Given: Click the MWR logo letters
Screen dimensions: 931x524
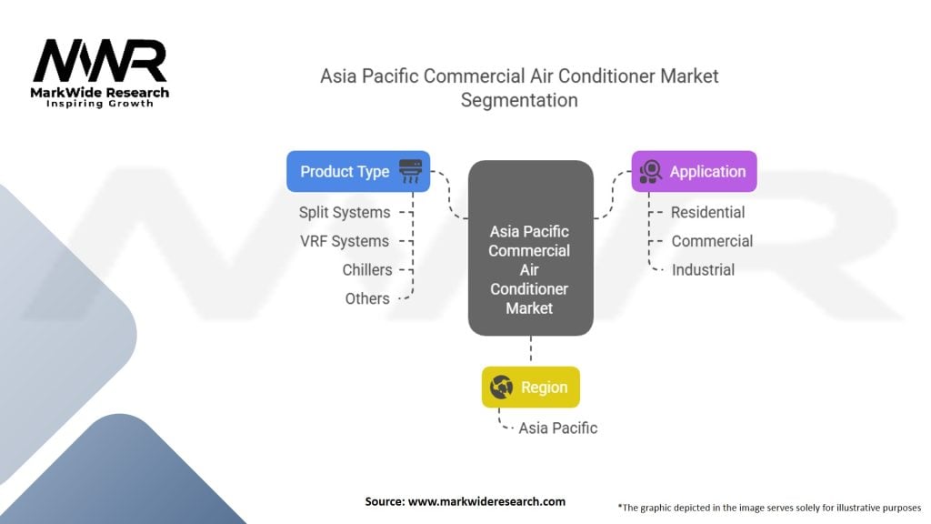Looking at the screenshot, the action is tap(100, 61).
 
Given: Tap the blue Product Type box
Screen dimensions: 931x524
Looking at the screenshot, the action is tap(358, 171).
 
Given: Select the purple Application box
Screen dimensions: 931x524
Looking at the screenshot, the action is tap(694, 171).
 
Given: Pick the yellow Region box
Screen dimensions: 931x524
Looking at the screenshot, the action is tap(531, 388).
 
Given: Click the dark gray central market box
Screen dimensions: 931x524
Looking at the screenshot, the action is tap(531, 247).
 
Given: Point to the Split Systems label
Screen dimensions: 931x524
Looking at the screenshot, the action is tap(345, 212).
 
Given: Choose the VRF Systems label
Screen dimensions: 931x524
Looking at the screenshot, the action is tap(345, 241).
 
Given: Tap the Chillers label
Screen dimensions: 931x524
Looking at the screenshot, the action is tap(367, 269).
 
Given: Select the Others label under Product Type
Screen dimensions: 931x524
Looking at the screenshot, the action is tap(367, 298).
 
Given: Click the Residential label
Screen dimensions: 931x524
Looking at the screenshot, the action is tap(707, 212).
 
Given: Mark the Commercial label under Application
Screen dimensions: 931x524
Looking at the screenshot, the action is tap(712, 241).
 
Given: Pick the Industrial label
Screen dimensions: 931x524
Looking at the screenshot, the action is tap(703, 269).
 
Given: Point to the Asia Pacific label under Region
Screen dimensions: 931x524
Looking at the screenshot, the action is tap(558, 428).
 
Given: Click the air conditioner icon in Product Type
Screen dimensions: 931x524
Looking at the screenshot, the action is tap(410, 171).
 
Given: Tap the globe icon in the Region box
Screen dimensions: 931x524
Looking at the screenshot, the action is tap(501, 388).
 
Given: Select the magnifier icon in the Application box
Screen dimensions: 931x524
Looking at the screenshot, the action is tap(651, 171).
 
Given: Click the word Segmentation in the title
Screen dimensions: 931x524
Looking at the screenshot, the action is tap(519, 100).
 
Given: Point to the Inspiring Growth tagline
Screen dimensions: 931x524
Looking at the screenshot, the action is tap(100, 104).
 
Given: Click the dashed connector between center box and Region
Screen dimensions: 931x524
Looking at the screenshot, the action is tap(531, 348).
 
